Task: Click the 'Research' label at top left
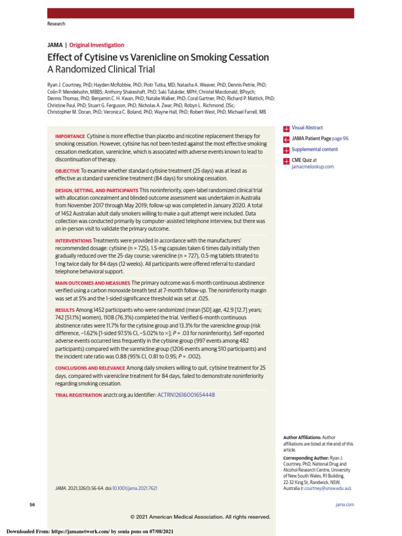pos(56,24)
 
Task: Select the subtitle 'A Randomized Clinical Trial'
pos(101,70)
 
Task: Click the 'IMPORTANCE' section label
pos(70,137)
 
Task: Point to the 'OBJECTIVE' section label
pos(67,171)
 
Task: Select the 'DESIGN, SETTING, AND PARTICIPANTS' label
pos(97,190)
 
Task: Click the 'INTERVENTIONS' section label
pos(73,241)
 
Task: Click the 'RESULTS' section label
pos(65,310)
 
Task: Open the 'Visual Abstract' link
pos(307,128)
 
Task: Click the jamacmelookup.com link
pos(312,166)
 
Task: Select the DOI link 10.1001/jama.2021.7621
pos(135,488)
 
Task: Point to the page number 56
pos(32,505)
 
